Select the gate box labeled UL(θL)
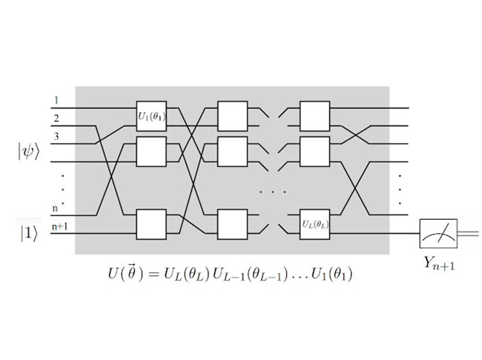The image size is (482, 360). point(314,223)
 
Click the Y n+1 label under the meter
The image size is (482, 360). point(437,261)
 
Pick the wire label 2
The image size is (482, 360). point(56,117)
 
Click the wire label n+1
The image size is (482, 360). point(59,223)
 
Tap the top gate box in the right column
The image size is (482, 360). point(314,115)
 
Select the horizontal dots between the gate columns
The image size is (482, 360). point(273,191)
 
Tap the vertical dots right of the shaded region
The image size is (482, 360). point(400,189)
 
